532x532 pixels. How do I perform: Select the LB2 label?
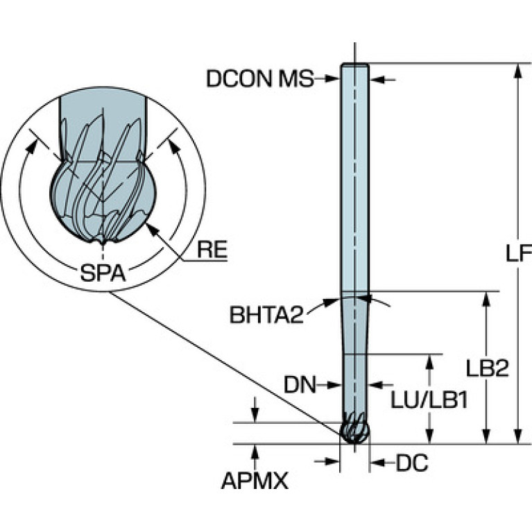coord(497,368)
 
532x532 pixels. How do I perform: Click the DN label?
coord(300,383)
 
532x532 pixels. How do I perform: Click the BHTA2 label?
coord(267,316)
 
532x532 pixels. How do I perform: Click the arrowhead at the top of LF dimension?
coord(517,69)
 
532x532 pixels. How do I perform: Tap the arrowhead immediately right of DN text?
coord(336,383)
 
